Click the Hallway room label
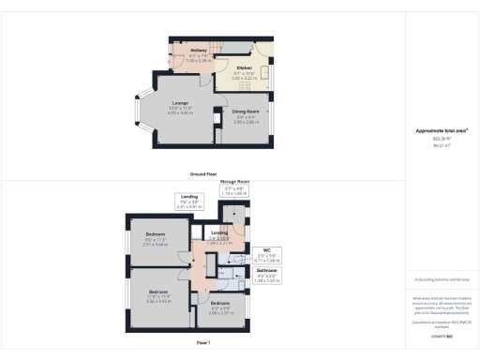(x=198, y=51)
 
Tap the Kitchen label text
(x=244, y=68)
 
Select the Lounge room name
(x=180, y=103)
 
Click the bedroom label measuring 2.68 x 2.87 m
(x=220, y=306)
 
